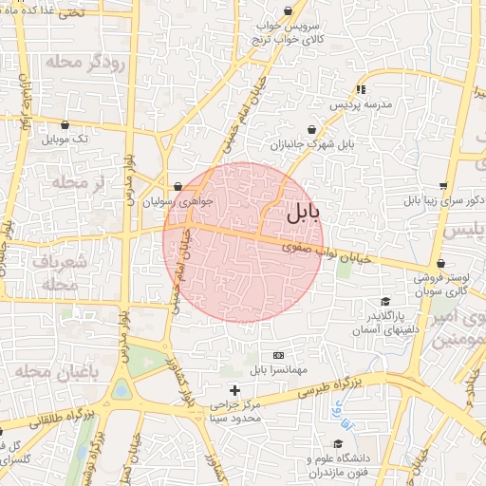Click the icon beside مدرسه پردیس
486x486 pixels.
360,90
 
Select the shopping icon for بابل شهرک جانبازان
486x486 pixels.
312,129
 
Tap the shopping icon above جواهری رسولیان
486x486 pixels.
178,186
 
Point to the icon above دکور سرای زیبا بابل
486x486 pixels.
442,186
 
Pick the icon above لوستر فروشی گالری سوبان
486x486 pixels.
440,264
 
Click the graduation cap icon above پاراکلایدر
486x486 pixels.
384,300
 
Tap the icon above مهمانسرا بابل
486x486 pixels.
277,354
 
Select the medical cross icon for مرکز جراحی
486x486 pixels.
235,390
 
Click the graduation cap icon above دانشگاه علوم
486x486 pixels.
337,443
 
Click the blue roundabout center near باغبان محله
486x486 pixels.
121,390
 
